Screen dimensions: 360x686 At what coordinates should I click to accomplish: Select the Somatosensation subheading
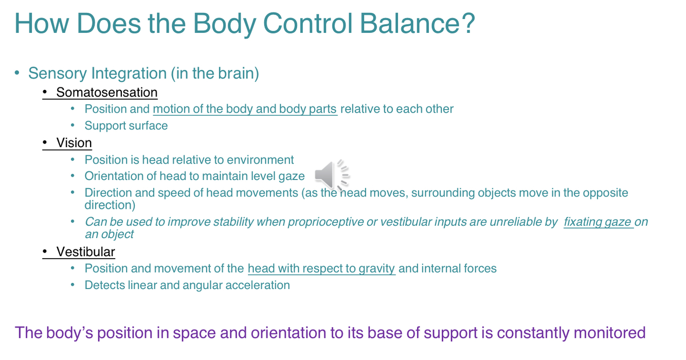point(106,93)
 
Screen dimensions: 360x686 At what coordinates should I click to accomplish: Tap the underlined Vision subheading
point(74,143)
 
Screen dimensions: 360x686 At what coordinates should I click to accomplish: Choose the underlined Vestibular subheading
point(85,252)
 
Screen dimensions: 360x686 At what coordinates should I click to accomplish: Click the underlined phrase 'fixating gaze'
point(598,222)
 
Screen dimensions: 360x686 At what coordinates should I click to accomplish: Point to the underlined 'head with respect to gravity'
point(321,268)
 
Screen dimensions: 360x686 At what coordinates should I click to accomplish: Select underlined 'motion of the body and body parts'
point(245,109)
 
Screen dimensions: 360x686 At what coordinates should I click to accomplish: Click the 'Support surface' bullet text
point(126,126)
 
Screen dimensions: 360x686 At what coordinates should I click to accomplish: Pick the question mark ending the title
point(468,23)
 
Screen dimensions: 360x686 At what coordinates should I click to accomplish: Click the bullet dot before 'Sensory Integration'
point(17,73)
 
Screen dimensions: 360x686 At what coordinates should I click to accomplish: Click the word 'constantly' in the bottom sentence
point(532,333)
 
